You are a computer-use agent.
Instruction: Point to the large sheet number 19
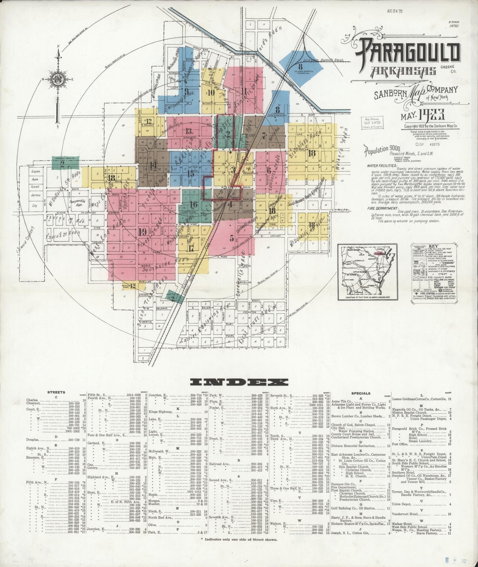(143, 232)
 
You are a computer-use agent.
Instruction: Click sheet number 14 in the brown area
(152, 165)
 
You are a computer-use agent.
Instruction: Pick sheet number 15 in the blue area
(191, 173)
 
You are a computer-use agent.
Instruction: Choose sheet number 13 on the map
(189, 130)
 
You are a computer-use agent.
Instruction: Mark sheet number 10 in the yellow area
(211, 92)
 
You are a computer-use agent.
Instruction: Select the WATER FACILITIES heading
(382, 165)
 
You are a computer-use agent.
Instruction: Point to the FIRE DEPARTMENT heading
(382, 208)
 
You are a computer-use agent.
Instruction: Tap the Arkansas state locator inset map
(368, 271)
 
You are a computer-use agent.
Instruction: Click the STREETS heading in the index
(56, 392)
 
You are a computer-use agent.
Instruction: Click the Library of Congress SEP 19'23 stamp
(372, 122)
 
